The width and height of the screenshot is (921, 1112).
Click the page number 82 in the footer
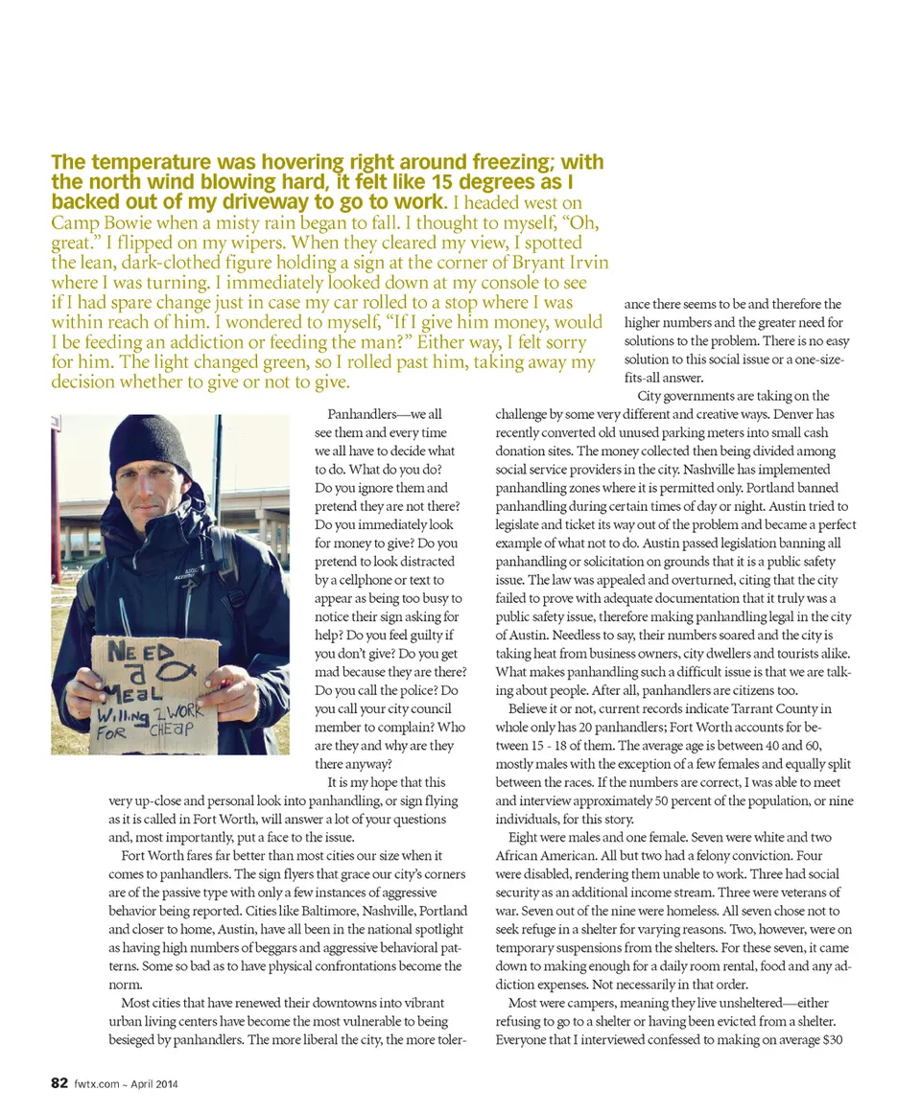point(59,1084)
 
